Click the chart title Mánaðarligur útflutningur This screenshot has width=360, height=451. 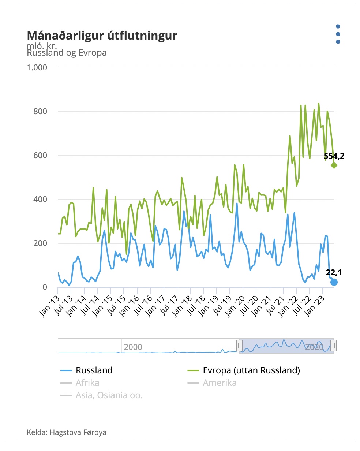[x=102, y=36]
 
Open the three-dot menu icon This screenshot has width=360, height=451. [x=338, y=34]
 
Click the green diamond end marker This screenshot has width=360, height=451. [x=334, y=165]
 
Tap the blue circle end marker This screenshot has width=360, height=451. [x=334, y=282]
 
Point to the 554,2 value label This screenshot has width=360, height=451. [x=334, y=156]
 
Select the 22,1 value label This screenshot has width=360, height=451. [x=334, y=272]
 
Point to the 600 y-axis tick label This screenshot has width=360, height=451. [x=40, y=155]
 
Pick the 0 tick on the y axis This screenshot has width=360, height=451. [x=45, y=287]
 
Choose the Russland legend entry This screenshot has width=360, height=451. [x=94, y=370]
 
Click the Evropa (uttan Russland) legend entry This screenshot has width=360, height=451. [x=251, y=370]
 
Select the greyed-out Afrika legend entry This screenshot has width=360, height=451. [x=87, y=383]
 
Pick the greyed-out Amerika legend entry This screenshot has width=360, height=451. [x=220, y=383]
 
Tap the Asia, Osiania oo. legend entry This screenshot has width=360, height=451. [x=109, y=395]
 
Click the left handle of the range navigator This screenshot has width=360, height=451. [x=239, y=346]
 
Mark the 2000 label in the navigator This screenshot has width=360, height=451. [x=133, y=347]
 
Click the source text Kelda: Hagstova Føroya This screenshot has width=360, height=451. [x=67, y=432]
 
